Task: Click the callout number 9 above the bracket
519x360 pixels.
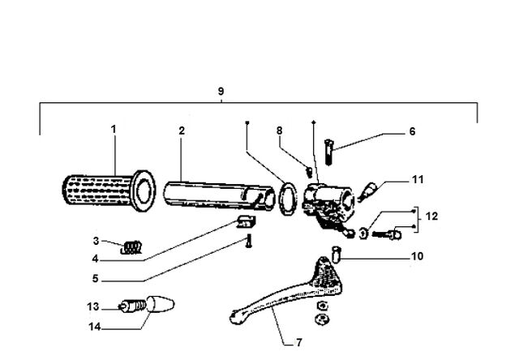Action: [221, 91]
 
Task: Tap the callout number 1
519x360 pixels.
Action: [114, 129]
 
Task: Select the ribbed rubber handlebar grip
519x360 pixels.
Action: [109, 191]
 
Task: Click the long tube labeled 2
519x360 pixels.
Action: [220, 195]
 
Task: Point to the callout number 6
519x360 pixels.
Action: [412, 131]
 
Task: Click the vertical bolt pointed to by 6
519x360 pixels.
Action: [329, 152]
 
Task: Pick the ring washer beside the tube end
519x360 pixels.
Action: [288, 199]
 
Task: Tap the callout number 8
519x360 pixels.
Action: [279, 131]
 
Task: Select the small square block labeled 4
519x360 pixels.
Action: [247, 221]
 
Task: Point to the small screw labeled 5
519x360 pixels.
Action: [249, 242]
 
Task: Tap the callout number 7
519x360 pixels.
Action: [299, 342]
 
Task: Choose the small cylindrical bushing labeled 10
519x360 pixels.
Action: [337, 254]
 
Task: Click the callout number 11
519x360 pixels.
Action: [418, 180]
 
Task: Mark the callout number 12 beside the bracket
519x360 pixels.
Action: [431, 216]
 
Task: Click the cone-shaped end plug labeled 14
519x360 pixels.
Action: [161, 304]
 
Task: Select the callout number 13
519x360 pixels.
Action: [93, 306]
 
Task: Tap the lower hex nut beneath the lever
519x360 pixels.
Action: [321, 319]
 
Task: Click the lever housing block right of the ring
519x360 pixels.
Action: [328, 204]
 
